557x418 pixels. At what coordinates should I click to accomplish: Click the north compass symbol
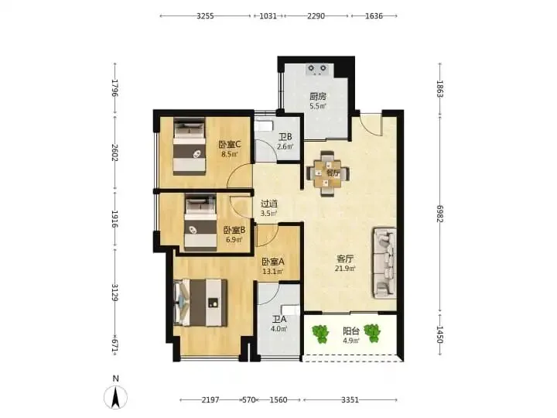pos(115,396)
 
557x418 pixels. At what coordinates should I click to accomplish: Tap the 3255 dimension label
pos(205,16)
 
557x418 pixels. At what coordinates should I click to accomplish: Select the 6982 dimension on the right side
pos(439,214)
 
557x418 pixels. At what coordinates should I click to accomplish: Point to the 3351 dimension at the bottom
pos(350,400)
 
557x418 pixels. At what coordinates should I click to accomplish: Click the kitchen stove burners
pos(317,70)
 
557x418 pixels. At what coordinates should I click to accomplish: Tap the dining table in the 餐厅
pos(327,174)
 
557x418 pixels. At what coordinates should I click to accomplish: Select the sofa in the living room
pos(384,263)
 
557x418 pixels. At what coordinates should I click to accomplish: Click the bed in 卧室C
pos(190,146)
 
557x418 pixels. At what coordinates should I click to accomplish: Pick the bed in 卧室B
pos(200,222)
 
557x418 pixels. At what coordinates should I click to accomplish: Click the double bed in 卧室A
pos(200,303)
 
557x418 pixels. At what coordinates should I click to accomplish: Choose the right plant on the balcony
pos(372,334)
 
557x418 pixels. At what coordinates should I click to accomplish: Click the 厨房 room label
pos(318,96)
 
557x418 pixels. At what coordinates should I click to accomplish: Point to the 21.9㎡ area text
pos(345,269)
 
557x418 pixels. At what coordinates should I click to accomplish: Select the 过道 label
pos(269,204)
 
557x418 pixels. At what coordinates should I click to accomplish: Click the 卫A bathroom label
pos(279,320)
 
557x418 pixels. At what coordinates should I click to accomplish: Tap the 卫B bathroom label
pos(285,137)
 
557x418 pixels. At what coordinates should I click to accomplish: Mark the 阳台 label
pos(351,331)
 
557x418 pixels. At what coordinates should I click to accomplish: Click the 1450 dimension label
pos(439,334)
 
